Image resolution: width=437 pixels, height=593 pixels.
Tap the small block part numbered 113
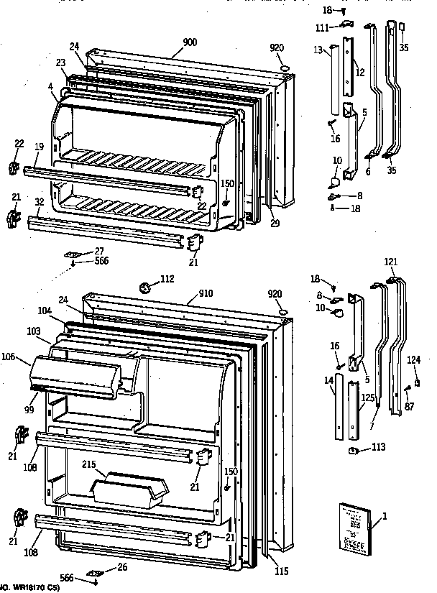click(x=354, y=451)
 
